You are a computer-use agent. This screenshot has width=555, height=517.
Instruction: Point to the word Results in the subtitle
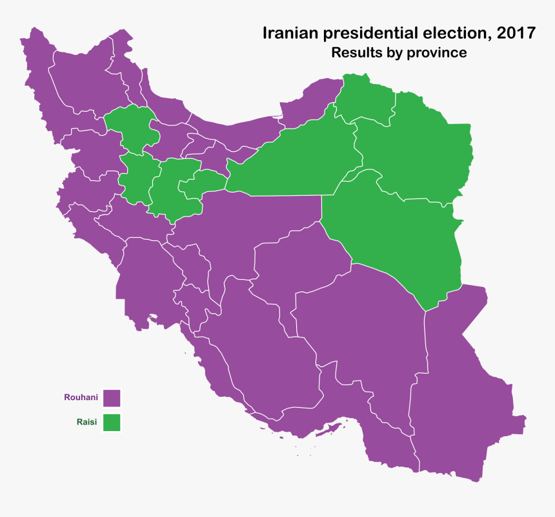coord(355,53)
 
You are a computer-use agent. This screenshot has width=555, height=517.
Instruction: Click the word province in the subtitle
coord(436,53)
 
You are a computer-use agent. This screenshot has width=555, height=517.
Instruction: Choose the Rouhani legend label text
coord(81,397)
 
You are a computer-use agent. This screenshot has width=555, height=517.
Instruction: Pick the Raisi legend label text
coord(86,422)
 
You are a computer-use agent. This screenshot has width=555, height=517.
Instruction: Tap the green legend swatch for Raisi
coord(112,422)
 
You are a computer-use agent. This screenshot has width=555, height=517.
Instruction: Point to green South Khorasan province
coord(400,239)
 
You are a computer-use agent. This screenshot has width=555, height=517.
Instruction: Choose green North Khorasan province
coord(365,97)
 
